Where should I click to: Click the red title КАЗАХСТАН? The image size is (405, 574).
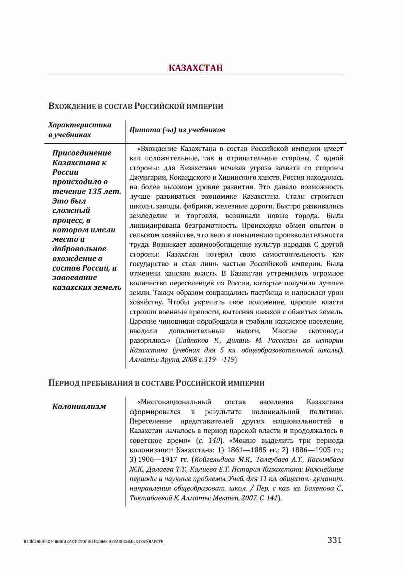click(195, 68)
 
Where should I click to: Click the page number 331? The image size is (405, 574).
click(334, 540)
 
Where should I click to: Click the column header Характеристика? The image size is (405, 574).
click(80, 125)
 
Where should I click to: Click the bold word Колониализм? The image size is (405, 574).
click(79, 406)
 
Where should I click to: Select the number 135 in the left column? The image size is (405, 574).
click(95, 191)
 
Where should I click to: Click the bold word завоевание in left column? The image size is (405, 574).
click(75, 278)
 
